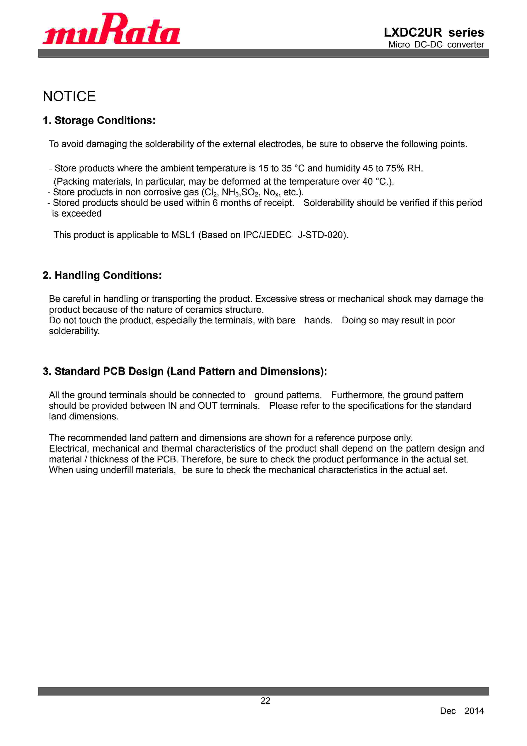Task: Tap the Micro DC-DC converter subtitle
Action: click(436, 44)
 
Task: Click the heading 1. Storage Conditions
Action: click(99, 121)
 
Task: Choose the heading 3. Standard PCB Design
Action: click(185, 371)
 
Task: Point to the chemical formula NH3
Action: click(230, 192)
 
